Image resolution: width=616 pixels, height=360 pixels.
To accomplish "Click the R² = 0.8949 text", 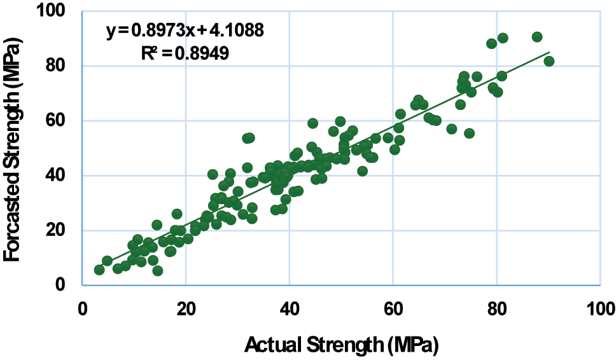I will point(185,53).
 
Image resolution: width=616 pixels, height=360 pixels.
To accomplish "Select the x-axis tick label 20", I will point(186,309).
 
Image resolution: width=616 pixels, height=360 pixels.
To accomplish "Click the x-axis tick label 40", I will point(290,309).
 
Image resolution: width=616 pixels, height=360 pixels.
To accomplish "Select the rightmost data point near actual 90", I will point(549,61).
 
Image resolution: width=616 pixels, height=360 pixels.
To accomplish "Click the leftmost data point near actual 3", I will point(99,270).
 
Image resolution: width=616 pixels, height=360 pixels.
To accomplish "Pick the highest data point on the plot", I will point(537,37).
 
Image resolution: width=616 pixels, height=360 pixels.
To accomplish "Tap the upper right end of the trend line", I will point(549,53).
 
